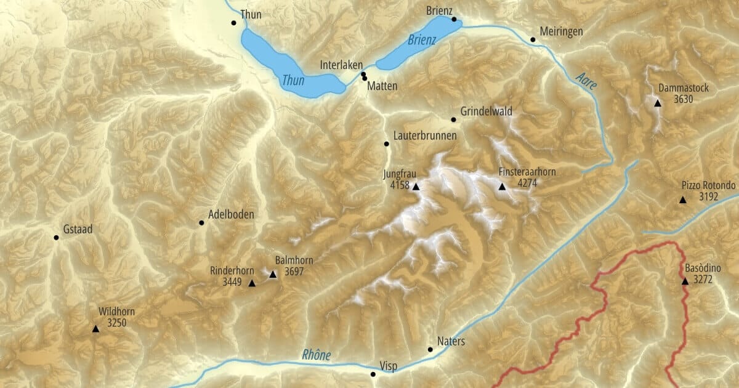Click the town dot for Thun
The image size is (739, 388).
(x=233, y=23)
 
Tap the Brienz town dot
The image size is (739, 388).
(x=454, y=19)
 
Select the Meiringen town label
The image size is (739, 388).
(x=560, y=31)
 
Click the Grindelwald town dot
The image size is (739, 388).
(x=453, y=119)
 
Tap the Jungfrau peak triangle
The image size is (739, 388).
(x=416, y=187)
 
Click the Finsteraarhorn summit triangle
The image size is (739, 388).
(x=502, y=187)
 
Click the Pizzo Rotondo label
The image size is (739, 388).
(x=708, y=186)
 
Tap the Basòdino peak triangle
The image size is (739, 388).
(x=685, y=281)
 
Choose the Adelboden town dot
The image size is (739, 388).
(x=201, y=222)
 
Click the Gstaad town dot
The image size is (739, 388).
(x=56, y=237)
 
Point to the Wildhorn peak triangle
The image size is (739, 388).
(x=95, y=329)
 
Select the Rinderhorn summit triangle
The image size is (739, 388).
(x=251, y=283)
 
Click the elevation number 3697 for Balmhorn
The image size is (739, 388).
(x=294, y=271)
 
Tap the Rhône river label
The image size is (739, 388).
(x=317, y=355)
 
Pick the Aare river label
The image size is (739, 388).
(x=586, y=81)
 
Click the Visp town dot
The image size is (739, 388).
(x=373, y=374)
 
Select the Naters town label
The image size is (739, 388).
(x=451, y=341)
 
